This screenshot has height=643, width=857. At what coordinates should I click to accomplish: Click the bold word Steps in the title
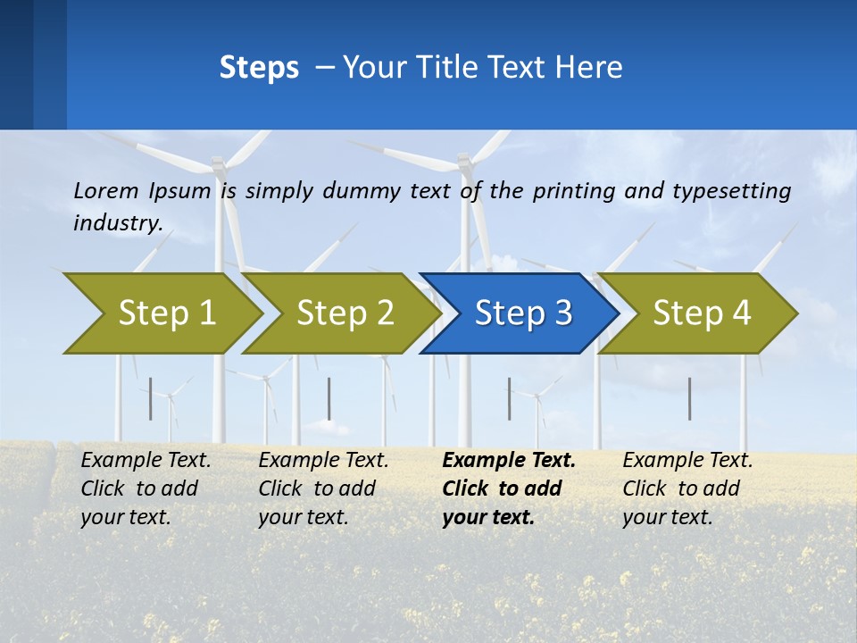coord(259,68)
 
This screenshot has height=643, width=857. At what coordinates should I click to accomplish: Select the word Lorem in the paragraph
coord(106,190)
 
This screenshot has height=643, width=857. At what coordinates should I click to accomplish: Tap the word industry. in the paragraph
coord(118,223)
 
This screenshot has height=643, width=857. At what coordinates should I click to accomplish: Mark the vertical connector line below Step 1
coord(150,398)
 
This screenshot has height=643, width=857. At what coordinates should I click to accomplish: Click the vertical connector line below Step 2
coord(329,398)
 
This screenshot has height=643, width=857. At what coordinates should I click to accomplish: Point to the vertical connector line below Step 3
coord(510,398)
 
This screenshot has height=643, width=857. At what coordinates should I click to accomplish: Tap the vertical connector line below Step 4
coord(689,398)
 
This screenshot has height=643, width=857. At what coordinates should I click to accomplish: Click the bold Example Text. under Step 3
coord(509,461)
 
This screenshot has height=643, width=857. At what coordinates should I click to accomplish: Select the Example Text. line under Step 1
coord(146,461)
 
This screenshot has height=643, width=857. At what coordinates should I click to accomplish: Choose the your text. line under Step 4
coord(667,517)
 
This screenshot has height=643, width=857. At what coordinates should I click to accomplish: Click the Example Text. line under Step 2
coord(323,461)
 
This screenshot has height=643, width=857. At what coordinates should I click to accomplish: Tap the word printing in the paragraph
coord(562,191)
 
